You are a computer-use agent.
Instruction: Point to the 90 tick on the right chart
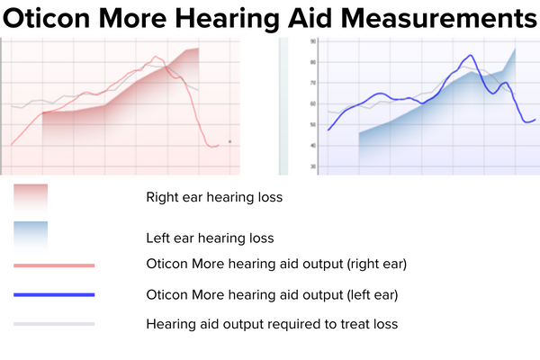pyautogui.click(x=312, y=41)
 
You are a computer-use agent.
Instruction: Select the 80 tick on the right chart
pyautogui.click(x=312, y=62)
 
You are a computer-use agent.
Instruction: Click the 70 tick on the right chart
pyautogui.click(x=312, y=83)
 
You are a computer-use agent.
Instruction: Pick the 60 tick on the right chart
pyautogui.click(x=312, y=103)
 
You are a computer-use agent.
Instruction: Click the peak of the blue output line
pyautogui.click(x=468, y=56)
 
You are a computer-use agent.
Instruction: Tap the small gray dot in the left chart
pyautogui.click(x=230, y=141)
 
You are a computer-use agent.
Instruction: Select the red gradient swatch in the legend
pyautogui.click(x=31, y=197)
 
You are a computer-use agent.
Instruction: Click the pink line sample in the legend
pyautogui.click(x=54, y=265)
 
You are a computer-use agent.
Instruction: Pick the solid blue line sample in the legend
pyautogui.click(x=54, y=294)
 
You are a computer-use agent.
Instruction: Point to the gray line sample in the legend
pyautogui.click(x=54, y=323)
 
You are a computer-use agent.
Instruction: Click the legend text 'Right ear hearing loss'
pyautogui.click(x=213, y=197)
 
